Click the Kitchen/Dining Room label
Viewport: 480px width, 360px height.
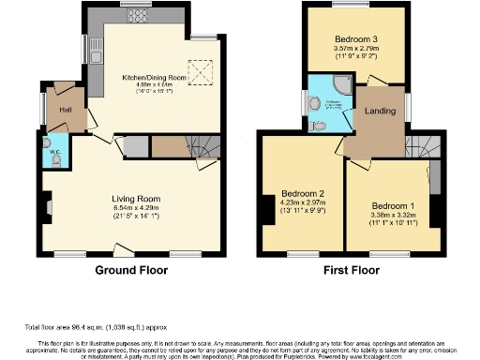tap(155, 77)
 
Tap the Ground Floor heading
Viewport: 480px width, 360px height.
tap(132, 270)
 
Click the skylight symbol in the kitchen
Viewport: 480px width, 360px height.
tap(200, 71)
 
